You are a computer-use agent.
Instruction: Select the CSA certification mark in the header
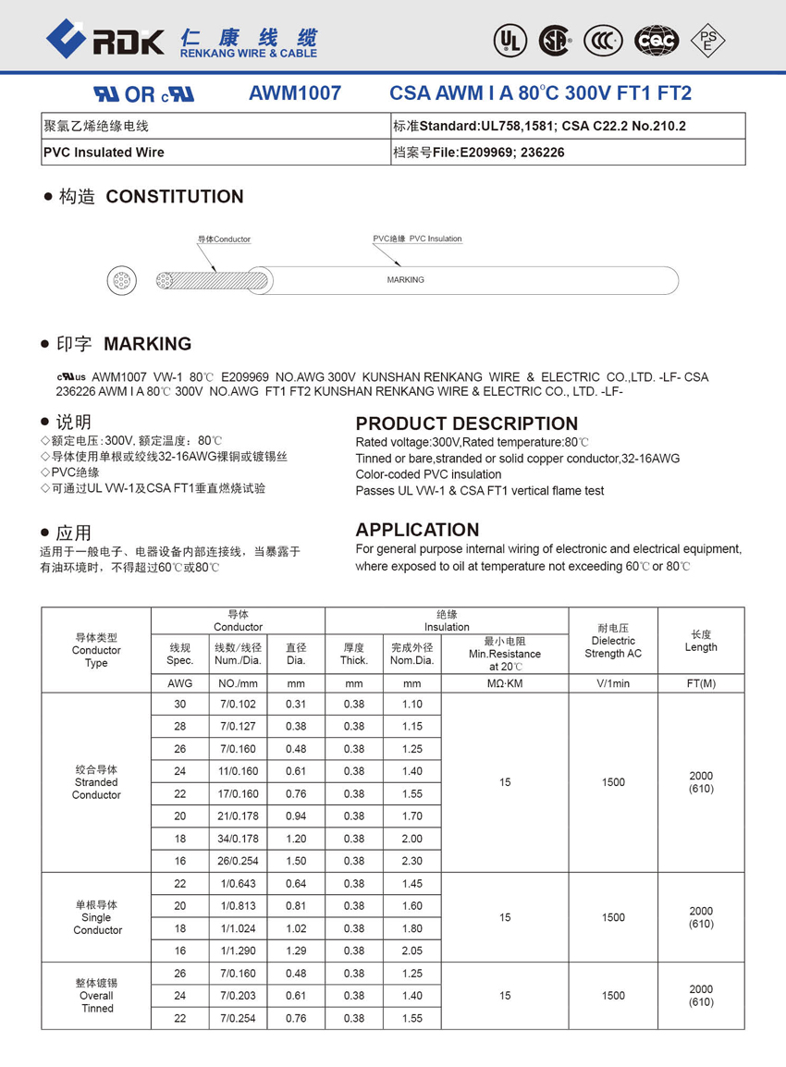pyautogui.click(x=555, y=39)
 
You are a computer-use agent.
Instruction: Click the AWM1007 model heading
pyautogui.click(x=295, y=93)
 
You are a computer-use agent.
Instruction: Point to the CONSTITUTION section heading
pyautogui.click(x=175, y=196)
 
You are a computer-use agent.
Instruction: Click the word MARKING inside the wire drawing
pyautogui.click(x=405, y=279)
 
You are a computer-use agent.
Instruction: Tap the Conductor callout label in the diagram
pyautogui.click(x=224, y=239)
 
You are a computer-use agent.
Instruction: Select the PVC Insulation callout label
pyautogui.click(x=417, y=239)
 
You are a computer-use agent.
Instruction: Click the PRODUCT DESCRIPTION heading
pyautogui.click(x=466, y=423)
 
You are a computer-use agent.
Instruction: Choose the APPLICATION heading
pyautogui.click(x=417, y=530)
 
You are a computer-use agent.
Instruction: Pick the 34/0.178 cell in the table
pyautogui.click(x=238, y=839)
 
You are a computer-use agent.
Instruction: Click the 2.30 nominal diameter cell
pyautogui.click(x=411, y=861)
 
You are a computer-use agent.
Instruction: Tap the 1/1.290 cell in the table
pyautogui.click(x=238, y=950)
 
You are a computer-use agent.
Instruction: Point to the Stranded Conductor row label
pyautogui.click(x=96, y=782)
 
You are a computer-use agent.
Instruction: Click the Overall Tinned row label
pyautogui.click(x=96, y=996)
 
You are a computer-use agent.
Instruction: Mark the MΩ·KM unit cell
pyautogui.click(x=504, y=684)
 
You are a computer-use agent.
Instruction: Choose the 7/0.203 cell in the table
pyautogui.click(x=238, y=996)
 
